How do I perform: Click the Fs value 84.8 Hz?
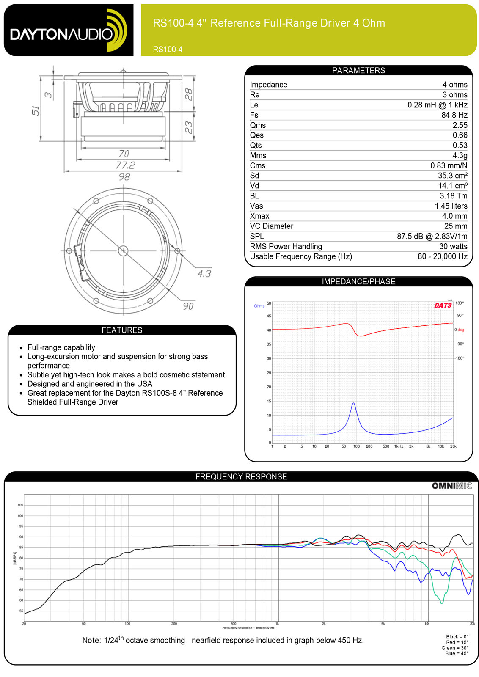(x=454, y=115)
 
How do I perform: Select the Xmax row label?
(x=259, y=216)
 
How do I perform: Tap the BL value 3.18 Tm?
(x=453, y=196)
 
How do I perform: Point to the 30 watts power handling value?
(x=453, y=246)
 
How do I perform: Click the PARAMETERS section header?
(x=358, y=70)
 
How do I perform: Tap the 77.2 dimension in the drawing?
(x=126, y=165)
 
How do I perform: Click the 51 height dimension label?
(x=36, y=110)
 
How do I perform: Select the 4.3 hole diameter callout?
(x=204, y=274)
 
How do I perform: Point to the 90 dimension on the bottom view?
(x=188, y=306)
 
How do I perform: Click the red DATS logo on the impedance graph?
(x=443, y=305)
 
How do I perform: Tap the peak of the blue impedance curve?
(x=353, y=403)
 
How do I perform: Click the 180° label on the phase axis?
(x=460, y=303)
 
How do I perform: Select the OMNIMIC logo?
(x=451, y=486)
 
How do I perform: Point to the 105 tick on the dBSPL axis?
(x=20, y=505)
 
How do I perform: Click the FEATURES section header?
(x=122, y=330)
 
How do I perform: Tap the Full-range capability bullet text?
(x=61, y=347)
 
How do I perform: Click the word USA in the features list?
(x=144, y=384)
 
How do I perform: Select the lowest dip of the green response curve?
(x=442, y=603)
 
